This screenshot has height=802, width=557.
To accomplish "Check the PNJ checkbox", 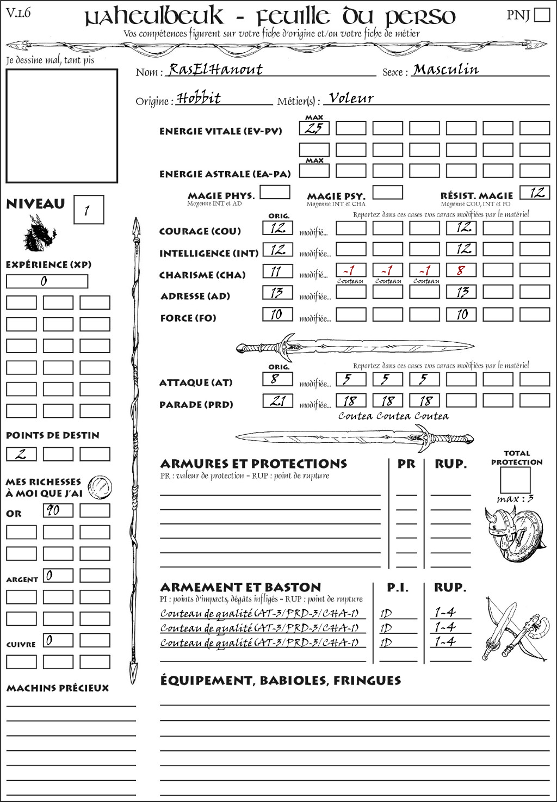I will (x=542, y=14).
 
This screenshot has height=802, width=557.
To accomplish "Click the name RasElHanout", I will (x=215, y=69).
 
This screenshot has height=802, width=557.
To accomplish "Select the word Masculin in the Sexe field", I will (x=445, y=69).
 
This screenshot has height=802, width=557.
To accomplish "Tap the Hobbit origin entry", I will (x=199, y=98).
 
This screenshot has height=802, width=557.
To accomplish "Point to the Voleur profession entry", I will (x=351, y=98).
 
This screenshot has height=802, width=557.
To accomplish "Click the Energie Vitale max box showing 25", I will (x=314, y=128).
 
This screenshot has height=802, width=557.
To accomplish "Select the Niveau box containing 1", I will (x=88, y=210).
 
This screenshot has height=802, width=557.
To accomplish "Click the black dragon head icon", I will (x=39, y=234).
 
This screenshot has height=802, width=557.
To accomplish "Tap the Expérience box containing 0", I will (x=47, y=281).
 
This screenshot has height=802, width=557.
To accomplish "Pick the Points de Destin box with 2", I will (x=21, y=454).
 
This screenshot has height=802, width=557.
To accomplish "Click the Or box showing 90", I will (x=58, y=510).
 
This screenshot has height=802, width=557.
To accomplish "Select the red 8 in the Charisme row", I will (x=461, y=270).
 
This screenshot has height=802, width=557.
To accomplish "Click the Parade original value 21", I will (x=277, y=401).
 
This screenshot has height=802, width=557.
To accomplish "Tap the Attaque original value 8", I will (x=277, y=379).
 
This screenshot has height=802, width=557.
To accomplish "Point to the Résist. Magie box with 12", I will (x=535, y=192).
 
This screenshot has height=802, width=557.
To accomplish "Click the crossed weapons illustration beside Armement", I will (x=514, y=628).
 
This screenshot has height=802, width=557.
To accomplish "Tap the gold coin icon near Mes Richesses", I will (x=100, y=486).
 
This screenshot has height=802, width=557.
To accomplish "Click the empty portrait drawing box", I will (x=61, y=126).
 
